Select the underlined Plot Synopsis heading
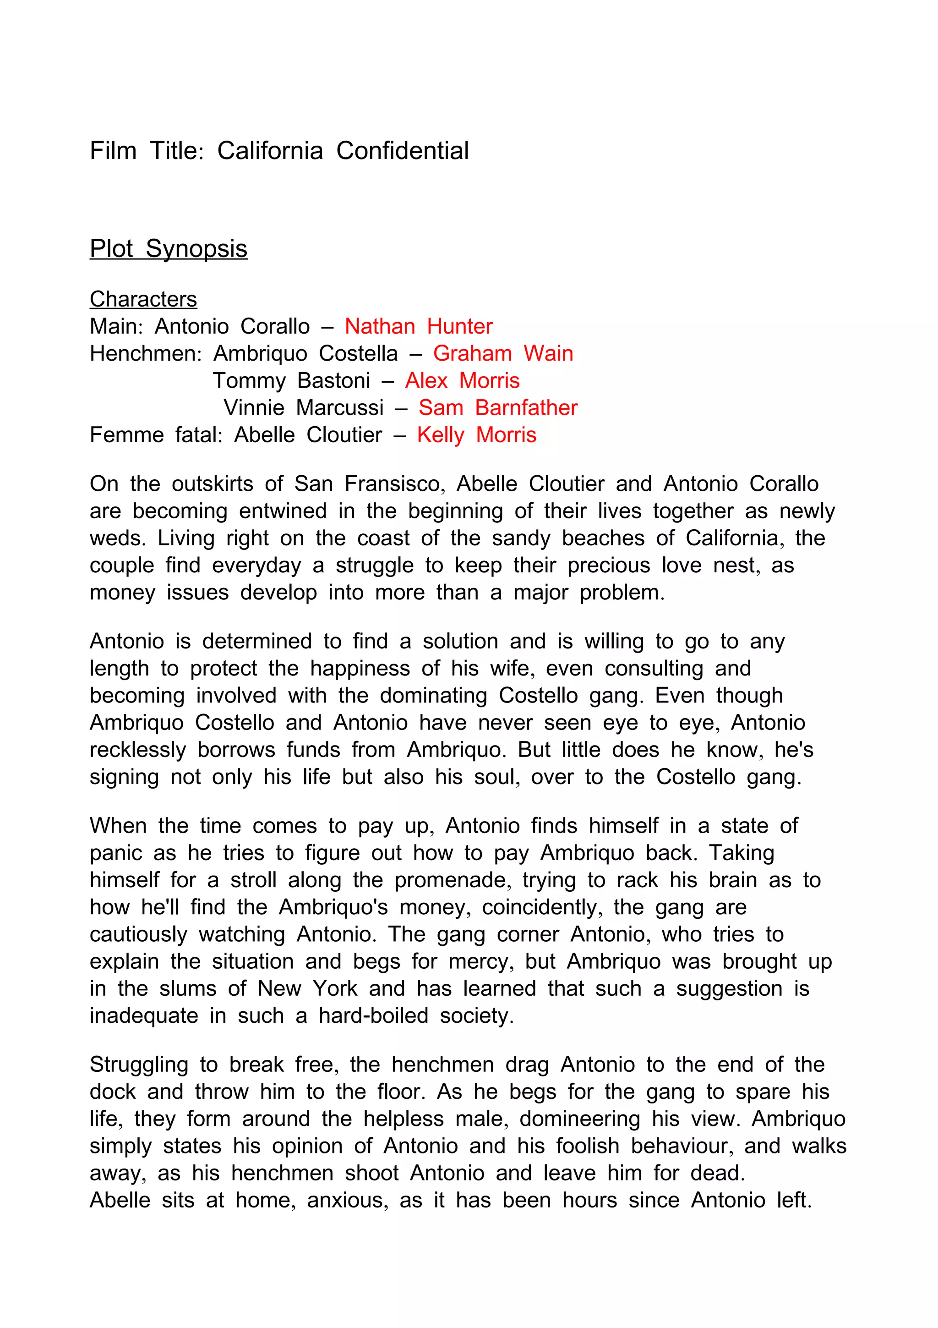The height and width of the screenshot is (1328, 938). pos(168,249)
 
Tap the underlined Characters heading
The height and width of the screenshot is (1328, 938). pos(143,299)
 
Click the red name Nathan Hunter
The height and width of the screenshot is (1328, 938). pos(419,326)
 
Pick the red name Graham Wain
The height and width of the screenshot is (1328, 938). pos(503,353)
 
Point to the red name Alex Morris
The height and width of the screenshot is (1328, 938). pos(462,381)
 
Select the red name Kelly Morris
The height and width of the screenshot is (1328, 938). pos(476,435)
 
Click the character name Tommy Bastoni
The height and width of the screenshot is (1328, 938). pos(291,381)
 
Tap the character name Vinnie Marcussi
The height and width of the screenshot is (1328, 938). pos(303,408)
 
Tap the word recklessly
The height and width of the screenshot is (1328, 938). pos(137,750)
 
